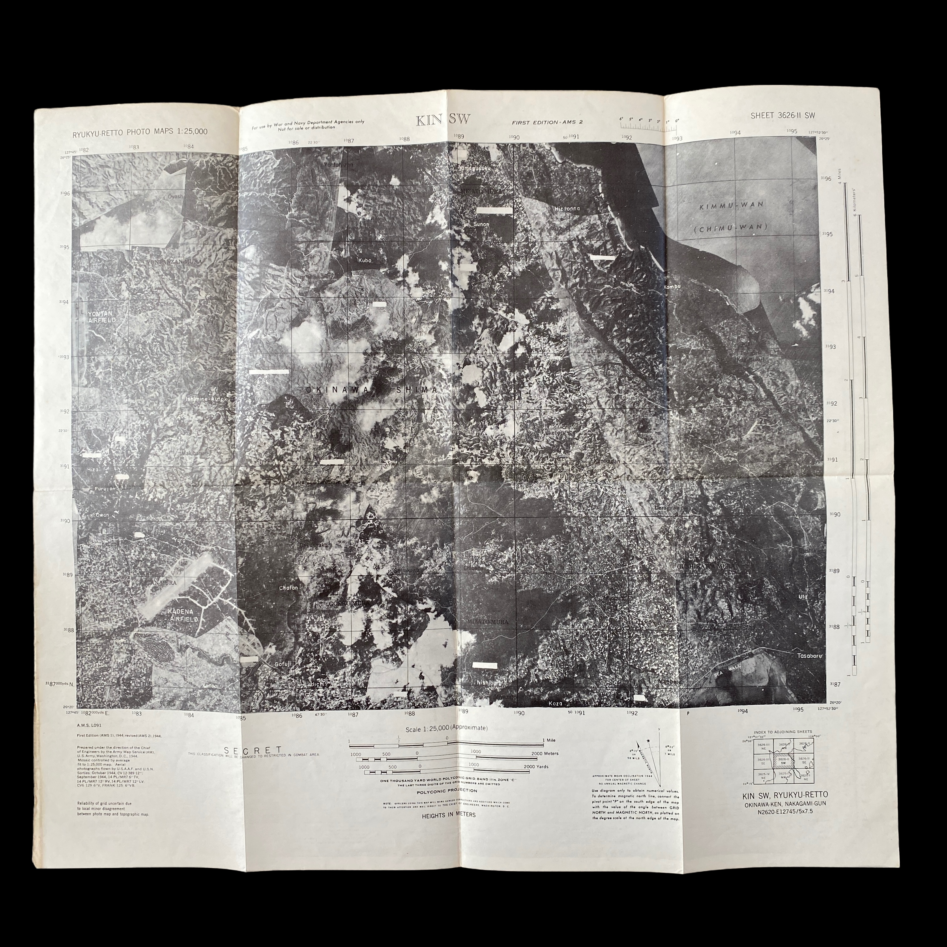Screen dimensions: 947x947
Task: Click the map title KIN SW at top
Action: pyautogui.click(x=443, y=120)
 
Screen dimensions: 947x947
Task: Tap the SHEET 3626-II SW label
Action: pyautogui.click(x=783, y=116)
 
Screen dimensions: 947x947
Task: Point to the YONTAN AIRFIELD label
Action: pyautogui.click(x=102, y=316)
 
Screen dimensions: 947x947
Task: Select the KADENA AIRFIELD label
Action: pyautogui.click(x=180, y=616)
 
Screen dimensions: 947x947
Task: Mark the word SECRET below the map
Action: pyautogui.click(x=253, y=750)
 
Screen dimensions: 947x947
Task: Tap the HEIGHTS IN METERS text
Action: pyautogui.click(x=449, y=815)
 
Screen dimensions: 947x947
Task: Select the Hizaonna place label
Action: pyautogui.click(x=567, y=208)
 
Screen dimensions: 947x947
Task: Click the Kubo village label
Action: pyautogui.click(x=365, y=260)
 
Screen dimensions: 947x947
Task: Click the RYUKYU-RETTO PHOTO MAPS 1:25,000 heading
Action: pyautogui.click(x=140, y=131)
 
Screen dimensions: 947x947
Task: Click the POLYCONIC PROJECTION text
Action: pyautogui.click(x=447, y=791)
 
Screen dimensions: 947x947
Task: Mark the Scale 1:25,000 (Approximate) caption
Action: pyautogui.click(x=447, y=729)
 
